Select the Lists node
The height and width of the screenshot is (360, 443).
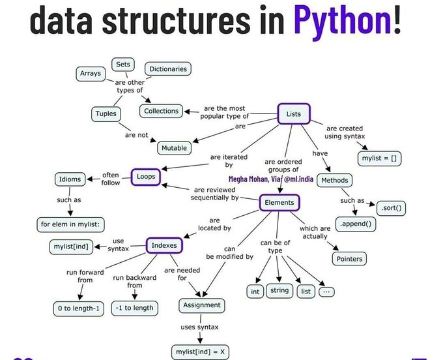point(293,115)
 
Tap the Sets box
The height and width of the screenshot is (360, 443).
point(122,65)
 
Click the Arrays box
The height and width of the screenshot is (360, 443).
point(90,74)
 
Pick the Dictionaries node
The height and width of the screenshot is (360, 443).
point(168,69)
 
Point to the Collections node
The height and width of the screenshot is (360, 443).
point(161,111)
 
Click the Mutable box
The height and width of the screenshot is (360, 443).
point(174,148)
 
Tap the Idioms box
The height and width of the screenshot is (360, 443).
point(70,179)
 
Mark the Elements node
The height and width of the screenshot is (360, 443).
point(279,203)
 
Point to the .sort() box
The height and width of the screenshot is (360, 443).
point(391,209)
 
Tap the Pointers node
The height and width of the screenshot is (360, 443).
point(349,259)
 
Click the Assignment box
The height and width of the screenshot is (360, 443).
point(202,305)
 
